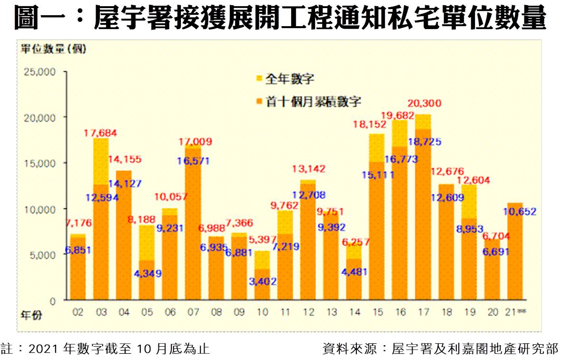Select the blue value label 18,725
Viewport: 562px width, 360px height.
[x=424, y=141]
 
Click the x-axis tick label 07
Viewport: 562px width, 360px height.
[x=193, y=312]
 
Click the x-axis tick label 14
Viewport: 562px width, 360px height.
[x=354, y=312]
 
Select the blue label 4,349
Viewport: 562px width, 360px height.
[x=146, y=274]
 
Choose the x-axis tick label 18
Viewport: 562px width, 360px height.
[x=446, y=312]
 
